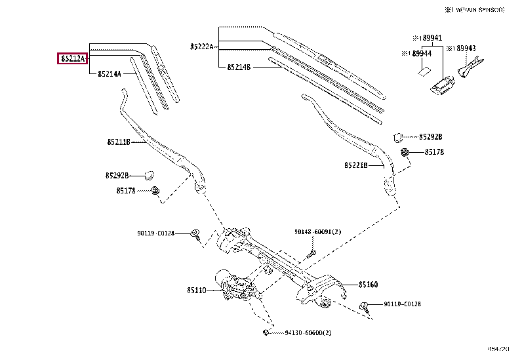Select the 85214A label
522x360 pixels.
click(x=110, y=74)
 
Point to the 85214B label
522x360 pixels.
click(x=239, y=67)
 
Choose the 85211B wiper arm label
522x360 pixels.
click(x=119, y=142)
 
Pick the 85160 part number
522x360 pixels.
click(x=368, y=285)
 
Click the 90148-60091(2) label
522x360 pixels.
click(x=318, y=232)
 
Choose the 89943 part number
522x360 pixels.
click(x=465, y=49)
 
